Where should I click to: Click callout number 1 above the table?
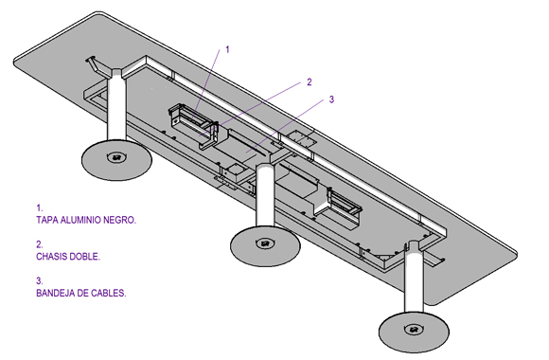point(227,50)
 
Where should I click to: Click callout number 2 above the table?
point(310,82)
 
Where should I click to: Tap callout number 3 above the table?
point(331,99)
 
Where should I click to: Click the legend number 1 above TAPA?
point(39,208)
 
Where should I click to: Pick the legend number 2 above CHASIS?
point(39,244)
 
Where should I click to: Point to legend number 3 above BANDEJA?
point(39,281)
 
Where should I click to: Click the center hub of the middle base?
point(265,243)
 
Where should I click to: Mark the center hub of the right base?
point(414,329)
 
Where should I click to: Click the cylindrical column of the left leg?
point(116,109)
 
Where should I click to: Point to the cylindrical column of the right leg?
point(414,277)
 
